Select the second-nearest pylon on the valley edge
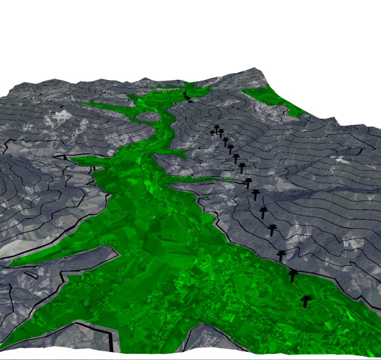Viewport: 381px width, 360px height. tap(293, 275)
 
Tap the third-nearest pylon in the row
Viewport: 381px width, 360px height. tap(281, 255)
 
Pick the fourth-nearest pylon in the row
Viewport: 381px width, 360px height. tap(272, 230)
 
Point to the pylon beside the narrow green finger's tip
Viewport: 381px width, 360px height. tap(248, 182)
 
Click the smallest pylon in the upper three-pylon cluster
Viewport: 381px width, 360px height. tap(212, 133)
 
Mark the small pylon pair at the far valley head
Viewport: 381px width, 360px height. tap(187, 97)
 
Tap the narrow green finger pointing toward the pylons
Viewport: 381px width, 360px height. tap(210, 180)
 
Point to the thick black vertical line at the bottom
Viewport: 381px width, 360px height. tap(110, 341)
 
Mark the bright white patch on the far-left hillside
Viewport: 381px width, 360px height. tap(61, 115)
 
